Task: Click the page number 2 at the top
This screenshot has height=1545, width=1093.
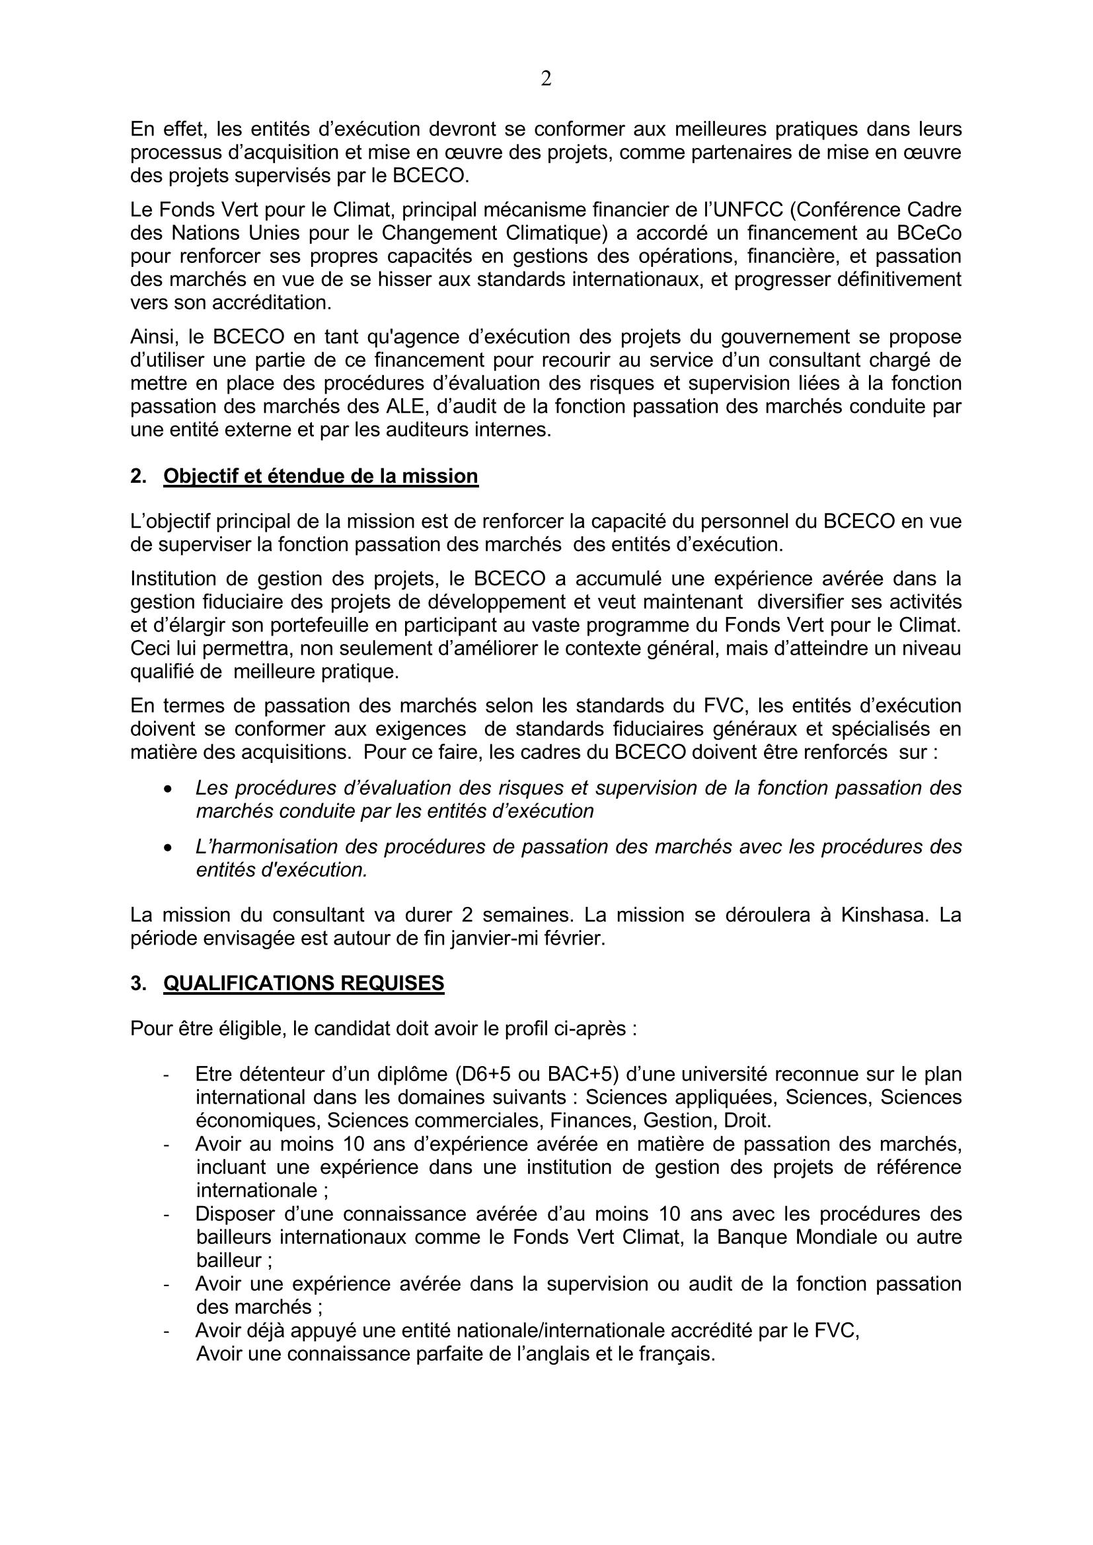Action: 546,79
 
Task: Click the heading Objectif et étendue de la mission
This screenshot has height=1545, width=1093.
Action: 320,476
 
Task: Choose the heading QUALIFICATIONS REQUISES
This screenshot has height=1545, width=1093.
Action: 303,983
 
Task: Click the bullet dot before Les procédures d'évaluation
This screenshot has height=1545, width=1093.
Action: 169,789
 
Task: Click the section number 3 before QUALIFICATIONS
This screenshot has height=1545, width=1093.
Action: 137,984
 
